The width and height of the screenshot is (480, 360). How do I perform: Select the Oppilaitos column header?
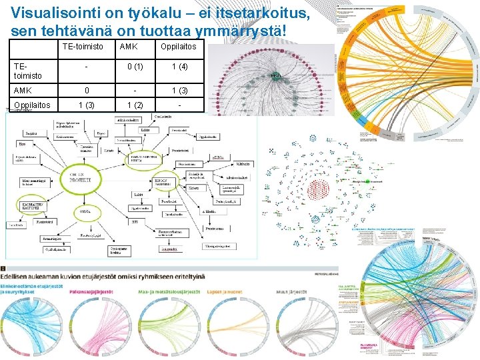tap(178, 47)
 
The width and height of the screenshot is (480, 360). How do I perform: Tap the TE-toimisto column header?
tap(83, 47)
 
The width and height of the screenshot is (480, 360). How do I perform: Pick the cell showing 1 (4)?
tap(179, 67)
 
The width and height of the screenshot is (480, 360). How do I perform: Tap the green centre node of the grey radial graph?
tap(275, 77)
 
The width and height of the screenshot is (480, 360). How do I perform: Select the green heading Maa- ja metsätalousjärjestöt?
tap(171, 291)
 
